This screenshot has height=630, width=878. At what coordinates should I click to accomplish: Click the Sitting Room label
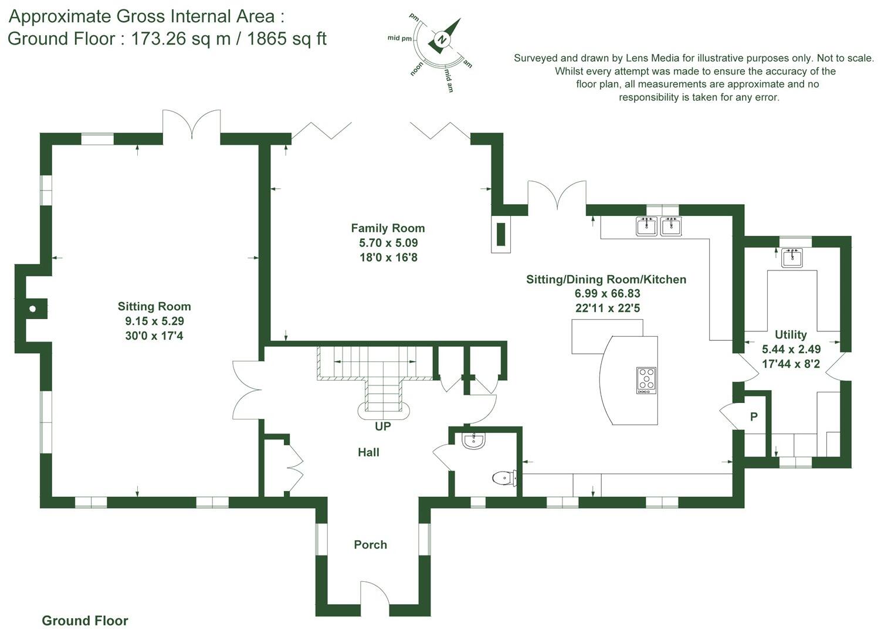(154, 306)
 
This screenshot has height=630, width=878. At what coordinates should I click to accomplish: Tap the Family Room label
(388, 228)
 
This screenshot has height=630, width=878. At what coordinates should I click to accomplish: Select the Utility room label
(791, 334)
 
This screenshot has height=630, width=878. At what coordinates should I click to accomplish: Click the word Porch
(370, 545)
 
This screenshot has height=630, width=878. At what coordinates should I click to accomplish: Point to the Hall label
(368, 452)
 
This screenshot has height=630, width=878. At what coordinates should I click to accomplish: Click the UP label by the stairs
(382, 426)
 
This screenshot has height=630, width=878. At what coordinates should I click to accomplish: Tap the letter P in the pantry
(754, 417)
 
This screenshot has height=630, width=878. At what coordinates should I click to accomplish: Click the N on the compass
(443, 40)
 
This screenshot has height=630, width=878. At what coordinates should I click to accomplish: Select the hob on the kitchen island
(646, 380)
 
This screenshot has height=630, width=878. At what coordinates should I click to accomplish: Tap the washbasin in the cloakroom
(473, 441)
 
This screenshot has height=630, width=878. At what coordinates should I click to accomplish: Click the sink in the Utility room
(792, 258)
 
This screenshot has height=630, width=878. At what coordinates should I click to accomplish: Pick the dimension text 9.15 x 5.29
(154, 321)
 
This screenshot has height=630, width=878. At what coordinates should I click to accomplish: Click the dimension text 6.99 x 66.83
(606, 294)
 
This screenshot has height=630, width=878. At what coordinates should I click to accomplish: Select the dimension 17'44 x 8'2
(791, 364)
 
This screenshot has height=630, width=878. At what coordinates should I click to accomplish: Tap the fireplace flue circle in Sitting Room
(33, 309)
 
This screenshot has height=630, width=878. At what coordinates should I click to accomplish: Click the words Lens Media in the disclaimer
(652, 58)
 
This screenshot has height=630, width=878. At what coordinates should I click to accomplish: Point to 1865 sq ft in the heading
(286, 39)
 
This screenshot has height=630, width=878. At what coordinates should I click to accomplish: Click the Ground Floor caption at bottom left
(84, 621)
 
